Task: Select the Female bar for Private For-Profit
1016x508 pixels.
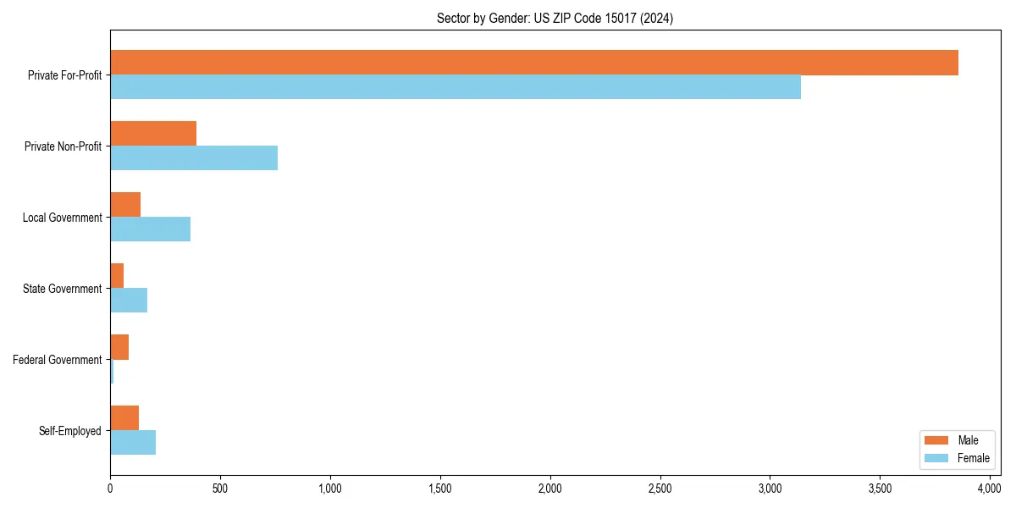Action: click(x=456, y=87)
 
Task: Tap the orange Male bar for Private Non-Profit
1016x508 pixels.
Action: click(x=153, y=134)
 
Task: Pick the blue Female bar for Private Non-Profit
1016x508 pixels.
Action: click(x=194, y=158)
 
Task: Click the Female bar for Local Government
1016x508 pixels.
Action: click(x=150, y=229)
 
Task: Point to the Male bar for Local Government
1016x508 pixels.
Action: click(x=125, y=205)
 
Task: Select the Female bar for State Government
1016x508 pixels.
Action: click(x=129, y=301)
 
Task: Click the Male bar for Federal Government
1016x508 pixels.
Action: click(x=119, y=347)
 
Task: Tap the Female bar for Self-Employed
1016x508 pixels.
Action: click(x=133, y=443)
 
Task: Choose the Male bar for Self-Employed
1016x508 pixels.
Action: click(x=124, y=418)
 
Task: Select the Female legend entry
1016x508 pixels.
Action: click(x=956, y=458)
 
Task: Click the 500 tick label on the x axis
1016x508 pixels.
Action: click(x=220, y=489)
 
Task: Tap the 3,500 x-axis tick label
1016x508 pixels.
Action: click(x=880, y=489)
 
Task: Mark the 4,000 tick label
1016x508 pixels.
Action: click(x=990, y=489)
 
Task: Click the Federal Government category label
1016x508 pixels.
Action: click(x=58, y=360)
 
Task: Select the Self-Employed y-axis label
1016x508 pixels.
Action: click(x=70, y=431)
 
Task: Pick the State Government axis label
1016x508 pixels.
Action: click(x=63, y=289)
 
